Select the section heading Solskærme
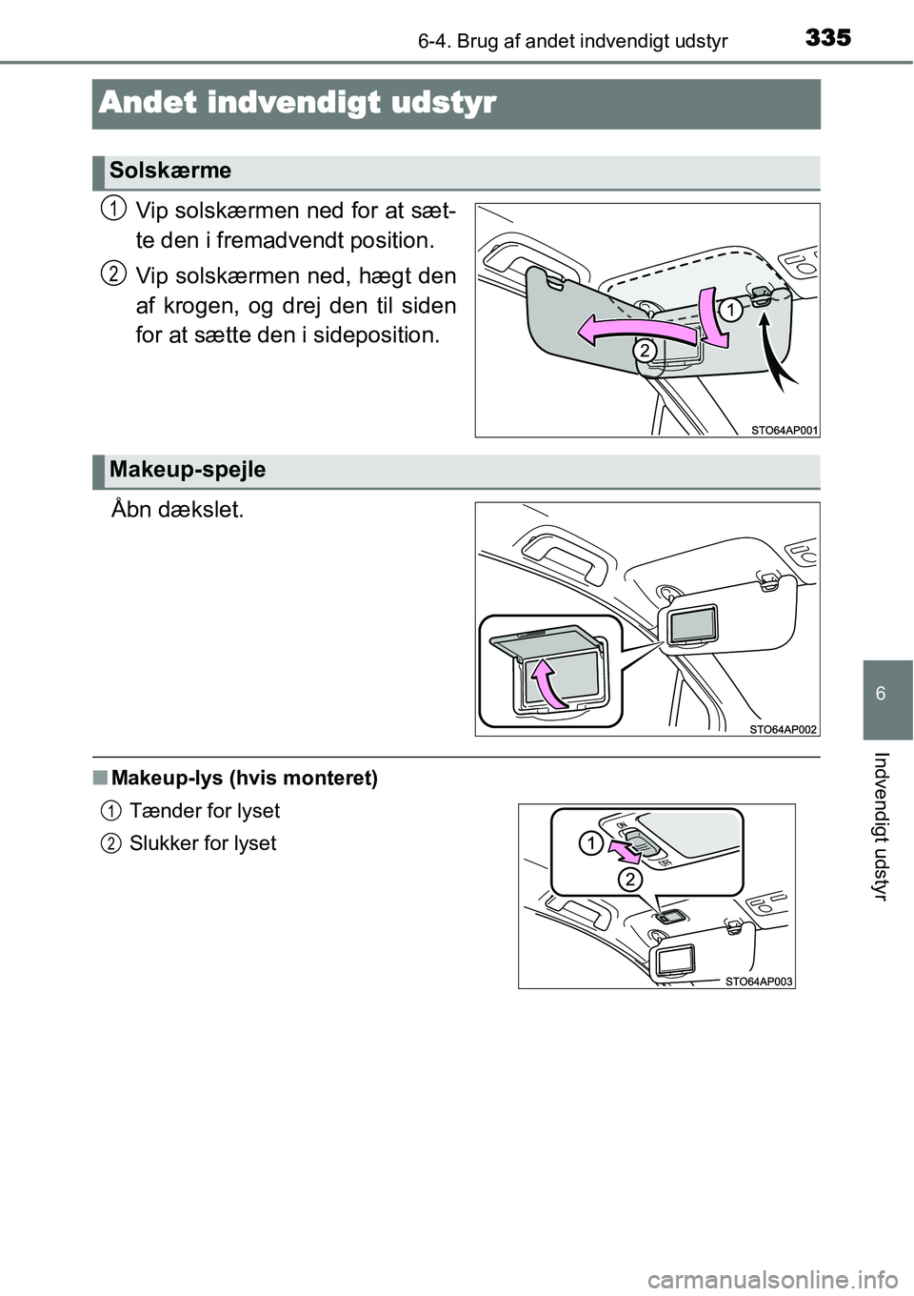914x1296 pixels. pyautogui.click(x=170, y=172)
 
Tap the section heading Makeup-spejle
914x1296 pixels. pyautogui.click(x=188, y=469)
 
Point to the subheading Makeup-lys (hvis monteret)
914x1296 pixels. pyautogui.click(x=244, y=779)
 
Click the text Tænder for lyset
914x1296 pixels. pyautogui.click(x=205, y=811)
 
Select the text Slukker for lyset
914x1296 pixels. pyautogui.click(x=203, y=843)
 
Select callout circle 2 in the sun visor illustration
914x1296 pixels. pyautogui.click(x=645, y=352)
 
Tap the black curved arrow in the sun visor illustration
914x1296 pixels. pyautogui.click(x=776, y=357)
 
